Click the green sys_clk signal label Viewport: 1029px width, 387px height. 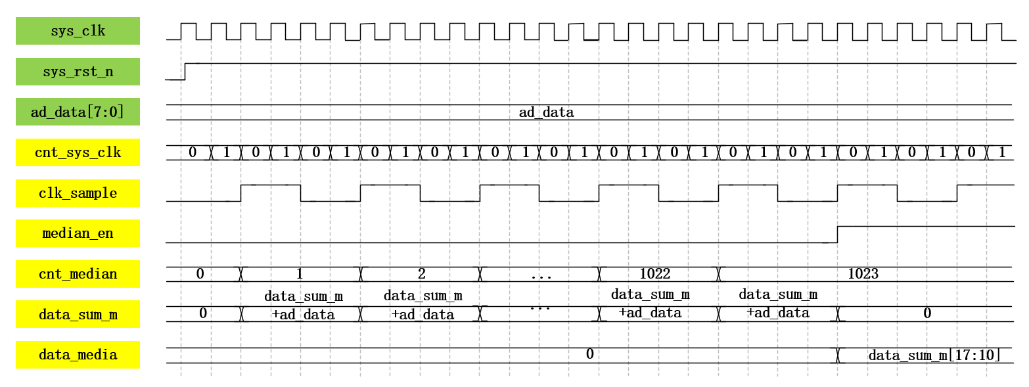78,31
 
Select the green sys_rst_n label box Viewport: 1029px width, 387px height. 78,72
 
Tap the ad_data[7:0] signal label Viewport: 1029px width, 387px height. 78,112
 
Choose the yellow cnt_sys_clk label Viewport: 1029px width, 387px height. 78,152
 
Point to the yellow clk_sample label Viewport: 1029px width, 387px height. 78,193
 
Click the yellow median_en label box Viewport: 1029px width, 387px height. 78,233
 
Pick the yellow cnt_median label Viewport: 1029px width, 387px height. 78,274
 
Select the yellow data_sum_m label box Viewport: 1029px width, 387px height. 78,314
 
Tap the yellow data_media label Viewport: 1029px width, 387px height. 78,355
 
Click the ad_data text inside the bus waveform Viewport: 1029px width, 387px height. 546,112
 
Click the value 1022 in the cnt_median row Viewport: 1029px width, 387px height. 655,274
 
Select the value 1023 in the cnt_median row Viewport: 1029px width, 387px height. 863,274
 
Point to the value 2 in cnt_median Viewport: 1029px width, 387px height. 421,274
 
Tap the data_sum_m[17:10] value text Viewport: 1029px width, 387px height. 934,355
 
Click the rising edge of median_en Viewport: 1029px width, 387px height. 837,235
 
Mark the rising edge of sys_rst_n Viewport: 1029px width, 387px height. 185,72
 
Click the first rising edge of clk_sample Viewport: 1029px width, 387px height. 241,193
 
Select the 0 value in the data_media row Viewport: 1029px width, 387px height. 589,355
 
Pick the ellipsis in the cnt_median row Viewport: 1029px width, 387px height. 541,275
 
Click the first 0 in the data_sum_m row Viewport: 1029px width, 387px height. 203,314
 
